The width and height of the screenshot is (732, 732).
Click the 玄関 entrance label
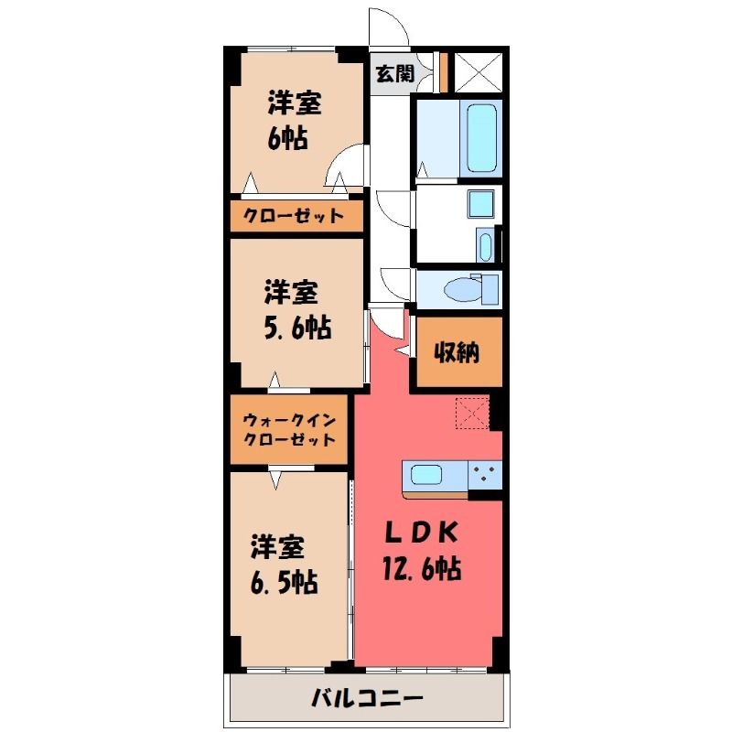coord(395,73)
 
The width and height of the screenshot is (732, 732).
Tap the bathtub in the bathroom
coord(481,138)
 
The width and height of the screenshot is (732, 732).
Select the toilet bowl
coord(462,289)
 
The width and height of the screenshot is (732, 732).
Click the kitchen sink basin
coord(426,475)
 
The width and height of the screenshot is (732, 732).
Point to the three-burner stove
coord(485,475)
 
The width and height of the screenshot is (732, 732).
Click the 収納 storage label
coord(457,352)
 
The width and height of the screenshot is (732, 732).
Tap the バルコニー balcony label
coord(367,698)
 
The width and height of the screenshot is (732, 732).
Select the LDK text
coord(420,533)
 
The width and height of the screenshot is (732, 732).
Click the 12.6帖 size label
coord(422,568)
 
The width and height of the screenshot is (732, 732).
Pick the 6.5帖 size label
coord(285,582)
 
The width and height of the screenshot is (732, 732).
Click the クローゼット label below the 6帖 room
coord(294,216)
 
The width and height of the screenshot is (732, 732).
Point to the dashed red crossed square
coord(472,413)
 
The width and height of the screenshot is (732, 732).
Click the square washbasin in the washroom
coord(481,203)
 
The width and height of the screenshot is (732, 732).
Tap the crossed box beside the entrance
coord(479,73)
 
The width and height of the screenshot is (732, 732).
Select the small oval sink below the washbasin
coord(486,246)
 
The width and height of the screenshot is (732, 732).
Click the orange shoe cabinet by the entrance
coord(444,72)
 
